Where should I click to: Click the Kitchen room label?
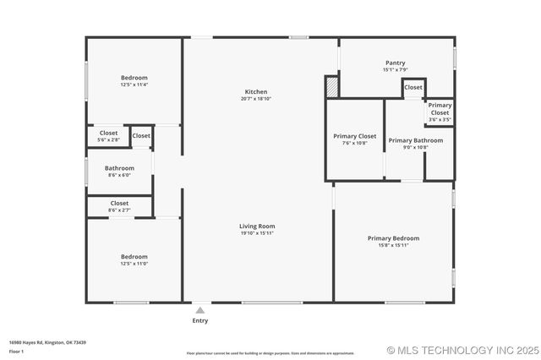[256, 92]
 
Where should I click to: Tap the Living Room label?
[257, 226]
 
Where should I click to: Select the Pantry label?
[395, 63]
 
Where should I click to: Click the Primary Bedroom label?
[393, 238]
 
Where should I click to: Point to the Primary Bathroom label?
[415, 140]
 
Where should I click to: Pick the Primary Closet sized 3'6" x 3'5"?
[440, 109]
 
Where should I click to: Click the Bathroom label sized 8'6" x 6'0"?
[119, 168]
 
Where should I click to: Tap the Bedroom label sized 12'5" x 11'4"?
[134, 78]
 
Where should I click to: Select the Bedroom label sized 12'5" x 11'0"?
[134, 257]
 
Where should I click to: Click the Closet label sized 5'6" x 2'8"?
[108, 133]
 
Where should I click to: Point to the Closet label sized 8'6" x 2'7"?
[119, 204]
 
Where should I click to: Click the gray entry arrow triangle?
[199, 310]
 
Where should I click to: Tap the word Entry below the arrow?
[200, 321]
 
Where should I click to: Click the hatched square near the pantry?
[332, 87]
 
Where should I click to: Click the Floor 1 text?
[16, 351]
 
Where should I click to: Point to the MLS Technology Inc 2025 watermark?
[462, 350]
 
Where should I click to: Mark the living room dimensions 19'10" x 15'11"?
[257, 233]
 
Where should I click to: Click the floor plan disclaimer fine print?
[270, 353]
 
